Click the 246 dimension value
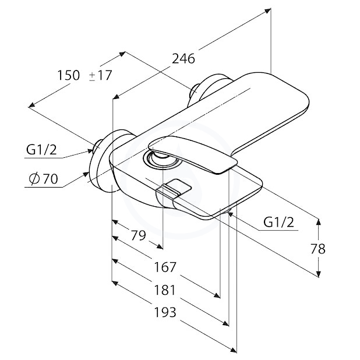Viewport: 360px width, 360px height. (183, 59)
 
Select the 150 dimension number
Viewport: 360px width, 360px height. (68, 75)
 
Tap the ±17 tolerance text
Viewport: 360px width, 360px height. (100, 75)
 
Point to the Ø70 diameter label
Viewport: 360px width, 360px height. (44, 179)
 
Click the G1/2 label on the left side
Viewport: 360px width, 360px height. (41, 150)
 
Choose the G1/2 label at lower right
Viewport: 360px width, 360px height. (278, 222)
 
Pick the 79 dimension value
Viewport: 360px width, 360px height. (138, 235)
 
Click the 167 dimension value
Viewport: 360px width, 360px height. (165, 267)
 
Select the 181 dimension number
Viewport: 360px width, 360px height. (165, 290)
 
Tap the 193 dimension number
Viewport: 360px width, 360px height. (165, 312)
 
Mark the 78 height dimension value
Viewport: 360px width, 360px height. (318, 249)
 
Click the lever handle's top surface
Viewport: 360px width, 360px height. (192, 153)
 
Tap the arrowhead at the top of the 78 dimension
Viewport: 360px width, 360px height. (319, 221)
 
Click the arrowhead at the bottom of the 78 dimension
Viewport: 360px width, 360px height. (319, 274)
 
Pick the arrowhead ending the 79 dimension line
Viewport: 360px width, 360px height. (160, 246)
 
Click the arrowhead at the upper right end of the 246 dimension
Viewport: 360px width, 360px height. (267, 11)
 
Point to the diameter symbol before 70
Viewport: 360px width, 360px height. (34, 179)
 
